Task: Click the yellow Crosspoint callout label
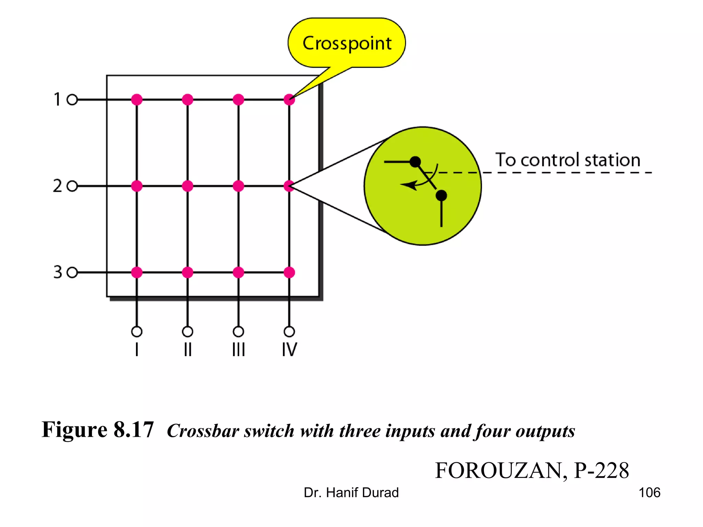(x=347, y=43)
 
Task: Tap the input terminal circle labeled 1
(x=72, y=100)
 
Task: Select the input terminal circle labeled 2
(x=72, y=186)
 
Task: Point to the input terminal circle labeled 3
(x=72, y=273)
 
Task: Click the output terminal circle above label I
(x=137, y=332)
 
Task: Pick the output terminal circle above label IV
(x=289, y=332)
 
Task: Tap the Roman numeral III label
(x=239, y=350)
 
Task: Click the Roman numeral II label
(x=187, y=350)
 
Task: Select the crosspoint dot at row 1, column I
(x=137, y=100)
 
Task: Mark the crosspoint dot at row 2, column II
(x=187, y=186)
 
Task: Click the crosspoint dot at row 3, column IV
(x=289, y=273)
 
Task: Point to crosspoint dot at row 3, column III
(x=239, y=273)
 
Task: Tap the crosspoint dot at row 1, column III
(x=239, y=100)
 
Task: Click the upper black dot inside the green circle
(x=415, y=162)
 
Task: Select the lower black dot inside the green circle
(x=441, y=196)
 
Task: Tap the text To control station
(x=568, y=160)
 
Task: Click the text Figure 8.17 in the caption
(x=98, y=430)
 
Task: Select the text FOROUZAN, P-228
(x=532, y=470)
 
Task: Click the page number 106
(x=649, y=493)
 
